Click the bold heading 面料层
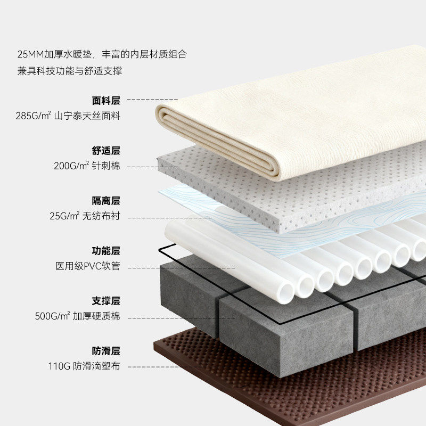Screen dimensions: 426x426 pos(106,100)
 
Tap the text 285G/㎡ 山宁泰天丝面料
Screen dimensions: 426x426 pos(68,116)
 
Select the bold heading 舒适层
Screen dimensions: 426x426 pos(106,151)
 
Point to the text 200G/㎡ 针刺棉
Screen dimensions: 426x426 pos(87,166)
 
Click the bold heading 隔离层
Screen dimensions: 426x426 pos(106,201)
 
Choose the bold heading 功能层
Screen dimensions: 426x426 pos(106,251)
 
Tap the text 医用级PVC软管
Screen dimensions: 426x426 pos(88,266)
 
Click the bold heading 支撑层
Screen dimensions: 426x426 pos(106,301)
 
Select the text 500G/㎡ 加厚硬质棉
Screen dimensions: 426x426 pos(78,316)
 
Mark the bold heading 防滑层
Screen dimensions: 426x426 pos(106,351)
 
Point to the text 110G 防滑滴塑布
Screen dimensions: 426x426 pos(83,366)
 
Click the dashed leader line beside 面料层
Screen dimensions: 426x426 pos(152,100)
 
